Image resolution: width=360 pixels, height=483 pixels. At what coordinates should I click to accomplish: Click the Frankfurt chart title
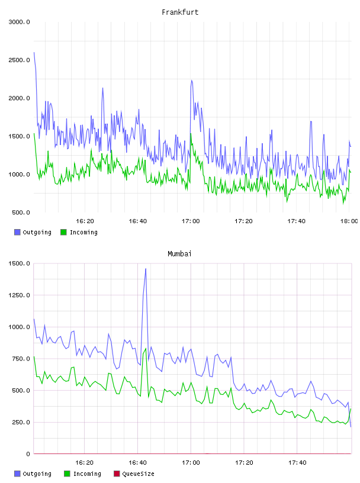pyautogui.click(x=180, y=12)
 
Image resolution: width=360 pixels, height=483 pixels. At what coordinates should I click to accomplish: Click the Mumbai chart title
pyautogui.click(x=179, y=254)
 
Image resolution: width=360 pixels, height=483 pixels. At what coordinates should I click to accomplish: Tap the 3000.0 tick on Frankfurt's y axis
pyautogui.click(x=20, y=22)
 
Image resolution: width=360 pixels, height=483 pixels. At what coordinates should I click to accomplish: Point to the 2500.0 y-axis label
pyautogui.click(x=20, y=60)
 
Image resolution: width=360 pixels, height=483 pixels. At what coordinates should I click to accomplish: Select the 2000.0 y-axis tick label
pyautogui.click(x=20, y=98)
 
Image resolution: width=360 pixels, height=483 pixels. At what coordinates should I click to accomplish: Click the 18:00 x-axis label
pyautogui.click(x=349, y=221)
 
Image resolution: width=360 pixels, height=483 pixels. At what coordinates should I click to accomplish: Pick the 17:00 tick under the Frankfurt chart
pyautogui.click(x=191, y=221)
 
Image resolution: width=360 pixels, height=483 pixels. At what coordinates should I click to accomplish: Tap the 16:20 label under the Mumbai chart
pyautogui.click(x=85, y=463)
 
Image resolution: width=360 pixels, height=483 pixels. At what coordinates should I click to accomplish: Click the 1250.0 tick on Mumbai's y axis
pyautogui.click(x=20, y=295)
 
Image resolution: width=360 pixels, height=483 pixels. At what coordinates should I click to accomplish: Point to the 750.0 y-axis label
pyautogui.click(x=21, y=359)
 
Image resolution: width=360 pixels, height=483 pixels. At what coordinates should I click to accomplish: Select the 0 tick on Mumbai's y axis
pyautogui.click(x=28, y=454)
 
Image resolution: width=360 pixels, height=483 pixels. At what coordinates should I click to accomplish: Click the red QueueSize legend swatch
pyautogui.click(x=117, y=474)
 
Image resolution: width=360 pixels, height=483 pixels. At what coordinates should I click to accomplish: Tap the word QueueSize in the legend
pyautogui.click(x=138, y=474)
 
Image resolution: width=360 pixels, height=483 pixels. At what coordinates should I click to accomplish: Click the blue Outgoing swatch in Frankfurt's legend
pyautogui.click(x=17, y=232)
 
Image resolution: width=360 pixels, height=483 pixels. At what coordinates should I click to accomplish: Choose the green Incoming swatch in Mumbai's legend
pyautogui.click(x=67, y=474)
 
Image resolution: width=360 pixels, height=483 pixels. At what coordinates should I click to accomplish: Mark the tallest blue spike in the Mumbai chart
pyautogui.click(x=146, y=269)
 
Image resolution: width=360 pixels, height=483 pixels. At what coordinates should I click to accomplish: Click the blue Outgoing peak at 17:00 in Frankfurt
pyautogui.click(x=192, y=80)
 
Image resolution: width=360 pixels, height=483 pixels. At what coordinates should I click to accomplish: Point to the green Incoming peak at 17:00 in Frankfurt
pyautogui.click(x=191, y=134)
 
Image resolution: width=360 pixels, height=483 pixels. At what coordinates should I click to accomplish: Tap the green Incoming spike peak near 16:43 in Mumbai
pyautogui.click(x=146, y=349)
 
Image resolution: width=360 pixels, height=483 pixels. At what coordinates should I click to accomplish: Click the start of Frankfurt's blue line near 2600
pyautogui.click(x=34, y=52)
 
